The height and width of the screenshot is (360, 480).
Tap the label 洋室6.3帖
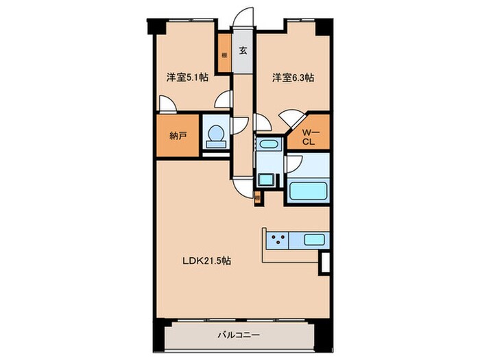[293, 78]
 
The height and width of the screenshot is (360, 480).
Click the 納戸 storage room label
[178, 135]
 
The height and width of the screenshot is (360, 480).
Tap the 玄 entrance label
[243, 50]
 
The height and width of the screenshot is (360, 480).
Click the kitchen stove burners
[278, 240]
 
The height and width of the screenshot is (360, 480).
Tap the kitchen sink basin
[314, 240]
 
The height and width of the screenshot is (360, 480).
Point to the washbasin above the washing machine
[266, 145]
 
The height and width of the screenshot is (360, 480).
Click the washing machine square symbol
[265, 180]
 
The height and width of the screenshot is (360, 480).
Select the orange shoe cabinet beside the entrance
[224, 53]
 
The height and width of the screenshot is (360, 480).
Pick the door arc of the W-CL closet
[291, 118]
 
